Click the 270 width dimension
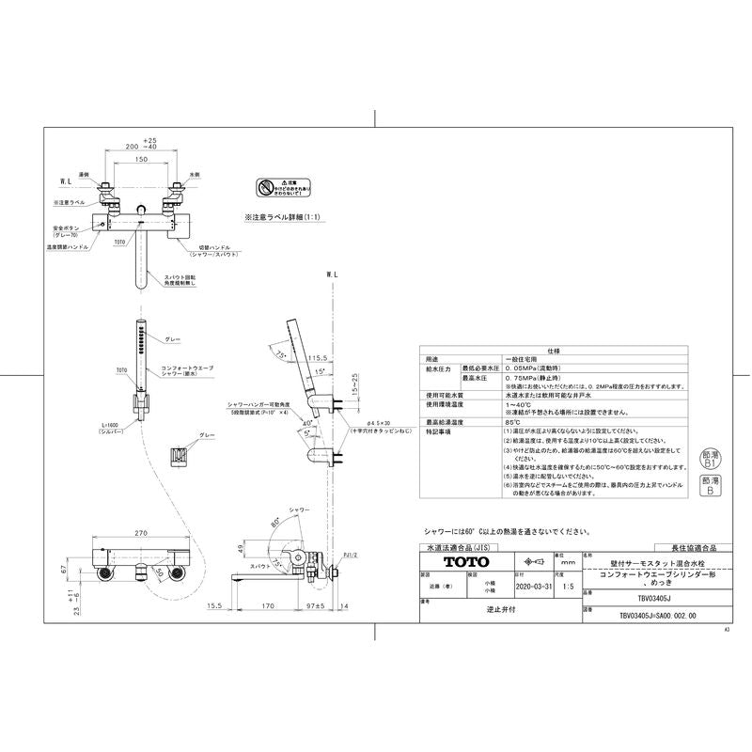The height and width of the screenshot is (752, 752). coord(141,534)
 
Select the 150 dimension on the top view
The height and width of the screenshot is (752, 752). coord(140,160)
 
